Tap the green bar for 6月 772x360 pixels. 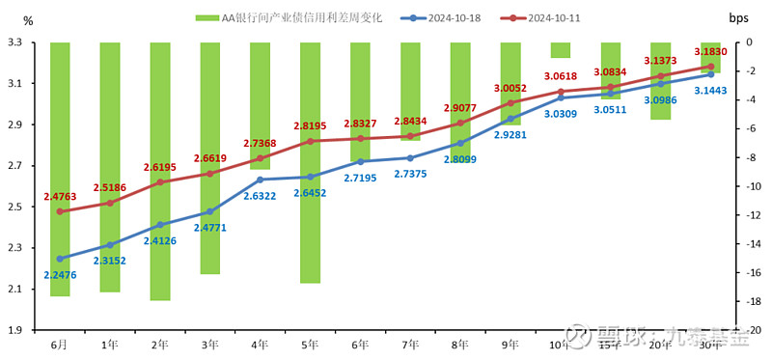[x=60, y=169]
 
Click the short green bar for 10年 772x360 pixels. [x=561, y=50]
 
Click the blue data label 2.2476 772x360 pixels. [x=60, y=274]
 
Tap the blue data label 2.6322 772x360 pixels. [x=260, y=196]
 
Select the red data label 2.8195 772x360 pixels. [x=310, y=125]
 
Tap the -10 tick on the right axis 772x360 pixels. [x=748, y=187]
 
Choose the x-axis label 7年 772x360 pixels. [x=410, y=344]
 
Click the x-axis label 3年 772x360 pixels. [x=209, y=344]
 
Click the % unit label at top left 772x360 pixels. [x=27, y=20]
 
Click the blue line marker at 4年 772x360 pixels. [x=260, y=180]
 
